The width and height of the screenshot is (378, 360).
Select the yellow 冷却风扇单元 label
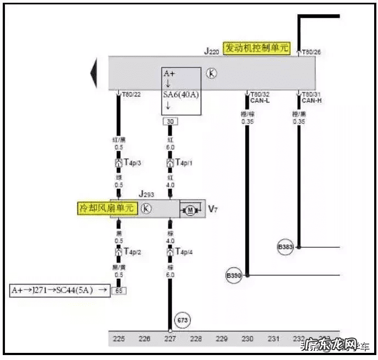pyautogui.click(x=106, y=208)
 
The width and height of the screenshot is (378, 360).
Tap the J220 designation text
pyautogui.click(x=212, y=51)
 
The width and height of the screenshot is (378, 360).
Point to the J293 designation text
pyautogui.click(x=147, y=194)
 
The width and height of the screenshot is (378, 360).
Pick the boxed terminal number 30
pyautogui.click(x=170, y=121)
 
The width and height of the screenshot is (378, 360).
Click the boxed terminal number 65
pyautogui.click(x=118, y=290)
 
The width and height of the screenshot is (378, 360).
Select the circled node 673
pyautogui.click(x=182, y=319)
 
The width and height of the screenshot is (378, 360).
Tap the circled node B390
pyautogui.click(x=234, y=275)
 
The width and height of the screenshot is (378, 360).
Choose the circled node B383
pyautogui.click(x=286, y=248)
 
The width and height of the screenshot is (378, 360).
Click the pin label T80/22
pyautogui.click(x=131, y=94)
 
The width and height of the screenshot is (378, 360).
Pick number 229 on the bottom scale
pyautogui.click(x=222, y=339)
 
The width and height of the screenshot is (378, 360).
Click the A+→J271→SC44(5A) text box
pyautogui.click(x=59, y=290)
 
